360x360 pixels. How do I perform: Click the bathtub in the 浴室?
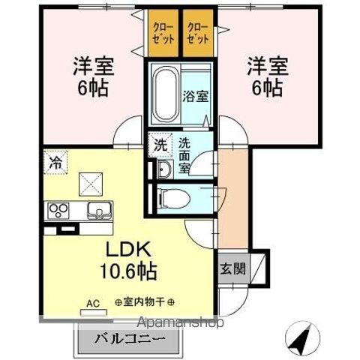[164, 96]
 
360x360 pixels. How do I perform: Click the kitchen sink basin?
[97, 209]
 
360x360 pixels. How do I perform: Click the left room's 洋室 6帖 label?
[94, 76]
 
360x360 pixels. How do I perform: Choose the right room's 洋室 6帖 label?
[265, 76]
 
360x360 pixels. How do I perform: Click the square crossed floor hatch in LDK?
[91, 181]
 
